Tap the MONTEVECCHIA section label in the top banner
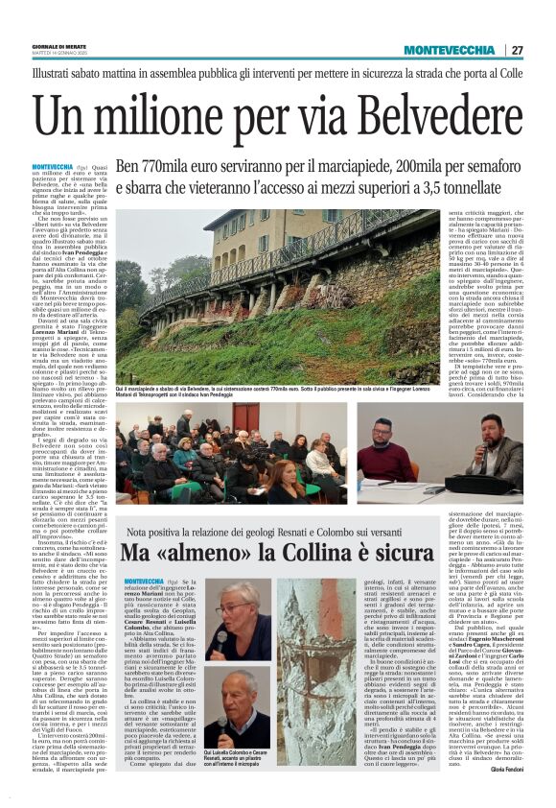coord(449,50)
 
